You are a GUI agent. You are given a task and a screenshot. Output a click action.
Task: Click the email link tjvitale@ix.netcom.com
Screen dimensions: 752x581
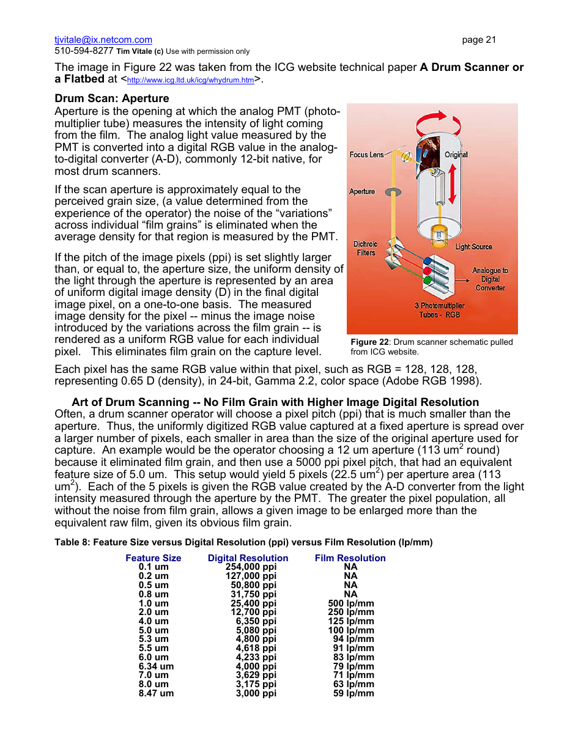click(103, 40)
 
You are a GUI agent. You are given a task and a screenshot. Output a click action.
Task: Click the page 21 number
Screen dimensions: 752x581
click(479, 40)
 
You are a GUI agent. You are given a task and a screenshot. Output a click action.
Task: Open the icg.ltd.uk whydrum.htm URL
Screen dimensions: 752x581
click(190, 81)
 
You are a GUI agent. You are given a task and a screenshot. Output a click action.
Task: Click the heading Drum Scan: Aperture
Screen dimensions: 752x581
click(112, 98)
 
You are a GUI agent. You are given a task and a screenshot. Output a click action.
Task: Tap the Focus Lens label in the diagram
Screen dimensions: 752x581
click(367, 155)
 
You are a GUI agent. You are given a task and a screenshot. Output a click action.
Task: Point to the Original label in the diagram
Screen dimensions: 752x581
click(456, 155)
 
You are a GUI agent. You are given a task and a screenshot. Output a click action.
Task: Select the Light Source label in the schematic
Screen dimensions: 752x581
click(473, 247)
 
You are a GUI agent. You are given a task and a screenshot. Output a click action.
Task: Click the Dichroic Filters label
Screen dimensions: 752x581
click(366, 248)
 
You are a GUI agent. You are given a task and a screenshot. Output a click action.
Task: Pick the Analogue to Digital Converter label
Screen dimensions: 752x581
click(490, 279)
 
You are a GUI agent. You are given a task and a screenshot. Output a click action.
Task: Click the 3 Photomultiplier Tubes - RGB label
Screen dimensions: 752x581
click(439, 310)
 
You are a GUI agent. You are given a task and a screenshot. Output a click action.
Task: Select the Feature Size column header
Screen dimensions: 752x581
click(154, 558)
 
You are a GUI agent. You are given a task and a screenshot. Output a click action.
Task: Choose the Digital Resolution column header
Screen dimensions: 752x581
click(248, 558)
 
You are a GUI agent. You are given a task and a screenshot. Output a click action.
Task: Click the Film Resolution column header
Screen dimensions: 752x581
click(350, 558)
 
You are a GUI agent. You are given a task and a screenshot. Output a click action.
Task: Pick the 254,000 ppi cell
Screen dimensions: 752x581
click(251, 567)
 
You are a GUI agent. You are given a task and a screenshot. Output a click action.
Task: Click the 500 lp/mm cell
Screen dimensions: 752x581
click(351, 603)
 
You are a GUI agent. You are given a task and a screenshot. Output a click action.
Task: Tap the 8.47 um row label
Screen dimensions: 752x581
click(156, 693)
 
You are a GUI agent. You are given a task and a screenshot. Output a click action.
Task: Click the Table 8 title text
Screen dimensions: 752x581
click(243, 542)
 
